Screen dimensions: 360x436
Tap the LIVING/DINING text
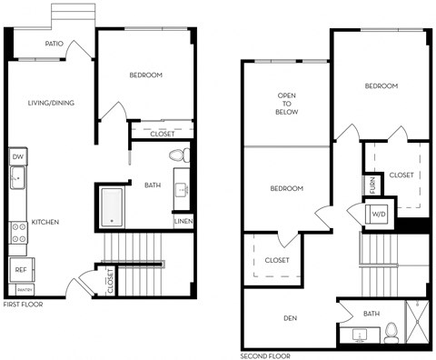(51, 103)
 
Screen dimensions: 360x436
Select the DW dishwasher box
(17, 157)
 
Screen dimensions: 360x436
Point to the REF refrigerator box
(18, 269)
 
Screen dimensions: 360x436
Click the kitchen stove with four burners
(18, 233)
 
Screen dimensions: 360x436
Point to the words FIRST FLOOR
(24, 305)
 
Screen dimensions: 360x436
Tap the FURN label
(372, 185)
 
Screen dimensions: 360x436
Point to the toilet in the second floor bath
(391, 330)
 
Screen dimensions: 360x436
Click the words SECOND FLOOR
(265, 355)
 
